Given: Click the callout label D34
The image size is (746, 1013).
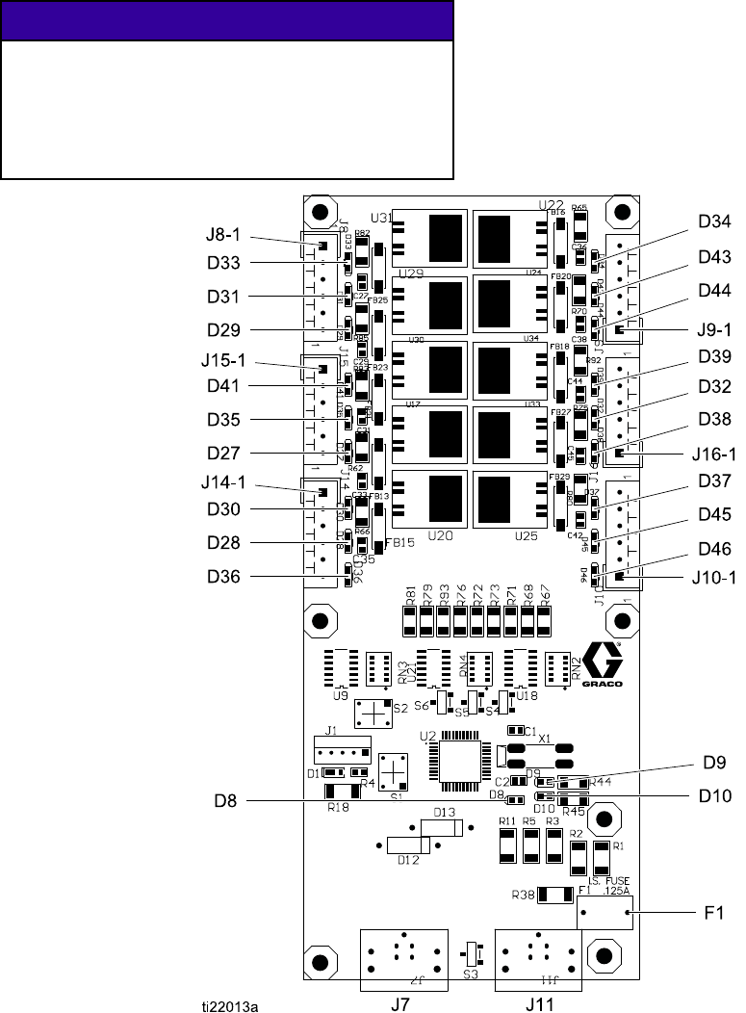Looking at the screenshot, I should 714,223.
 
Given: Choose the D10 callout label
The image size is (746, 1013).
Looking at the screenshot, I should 714,796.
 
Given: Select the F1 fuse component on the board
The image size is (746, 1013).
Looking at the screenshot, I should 605,912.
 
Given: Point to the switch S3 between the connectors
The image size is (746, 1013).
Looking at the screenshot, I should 471,955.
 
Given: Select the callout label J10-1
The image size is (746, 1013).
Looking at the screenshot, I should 715,579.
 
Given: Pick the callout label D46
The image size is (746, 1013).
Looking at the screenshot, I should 714,549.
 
